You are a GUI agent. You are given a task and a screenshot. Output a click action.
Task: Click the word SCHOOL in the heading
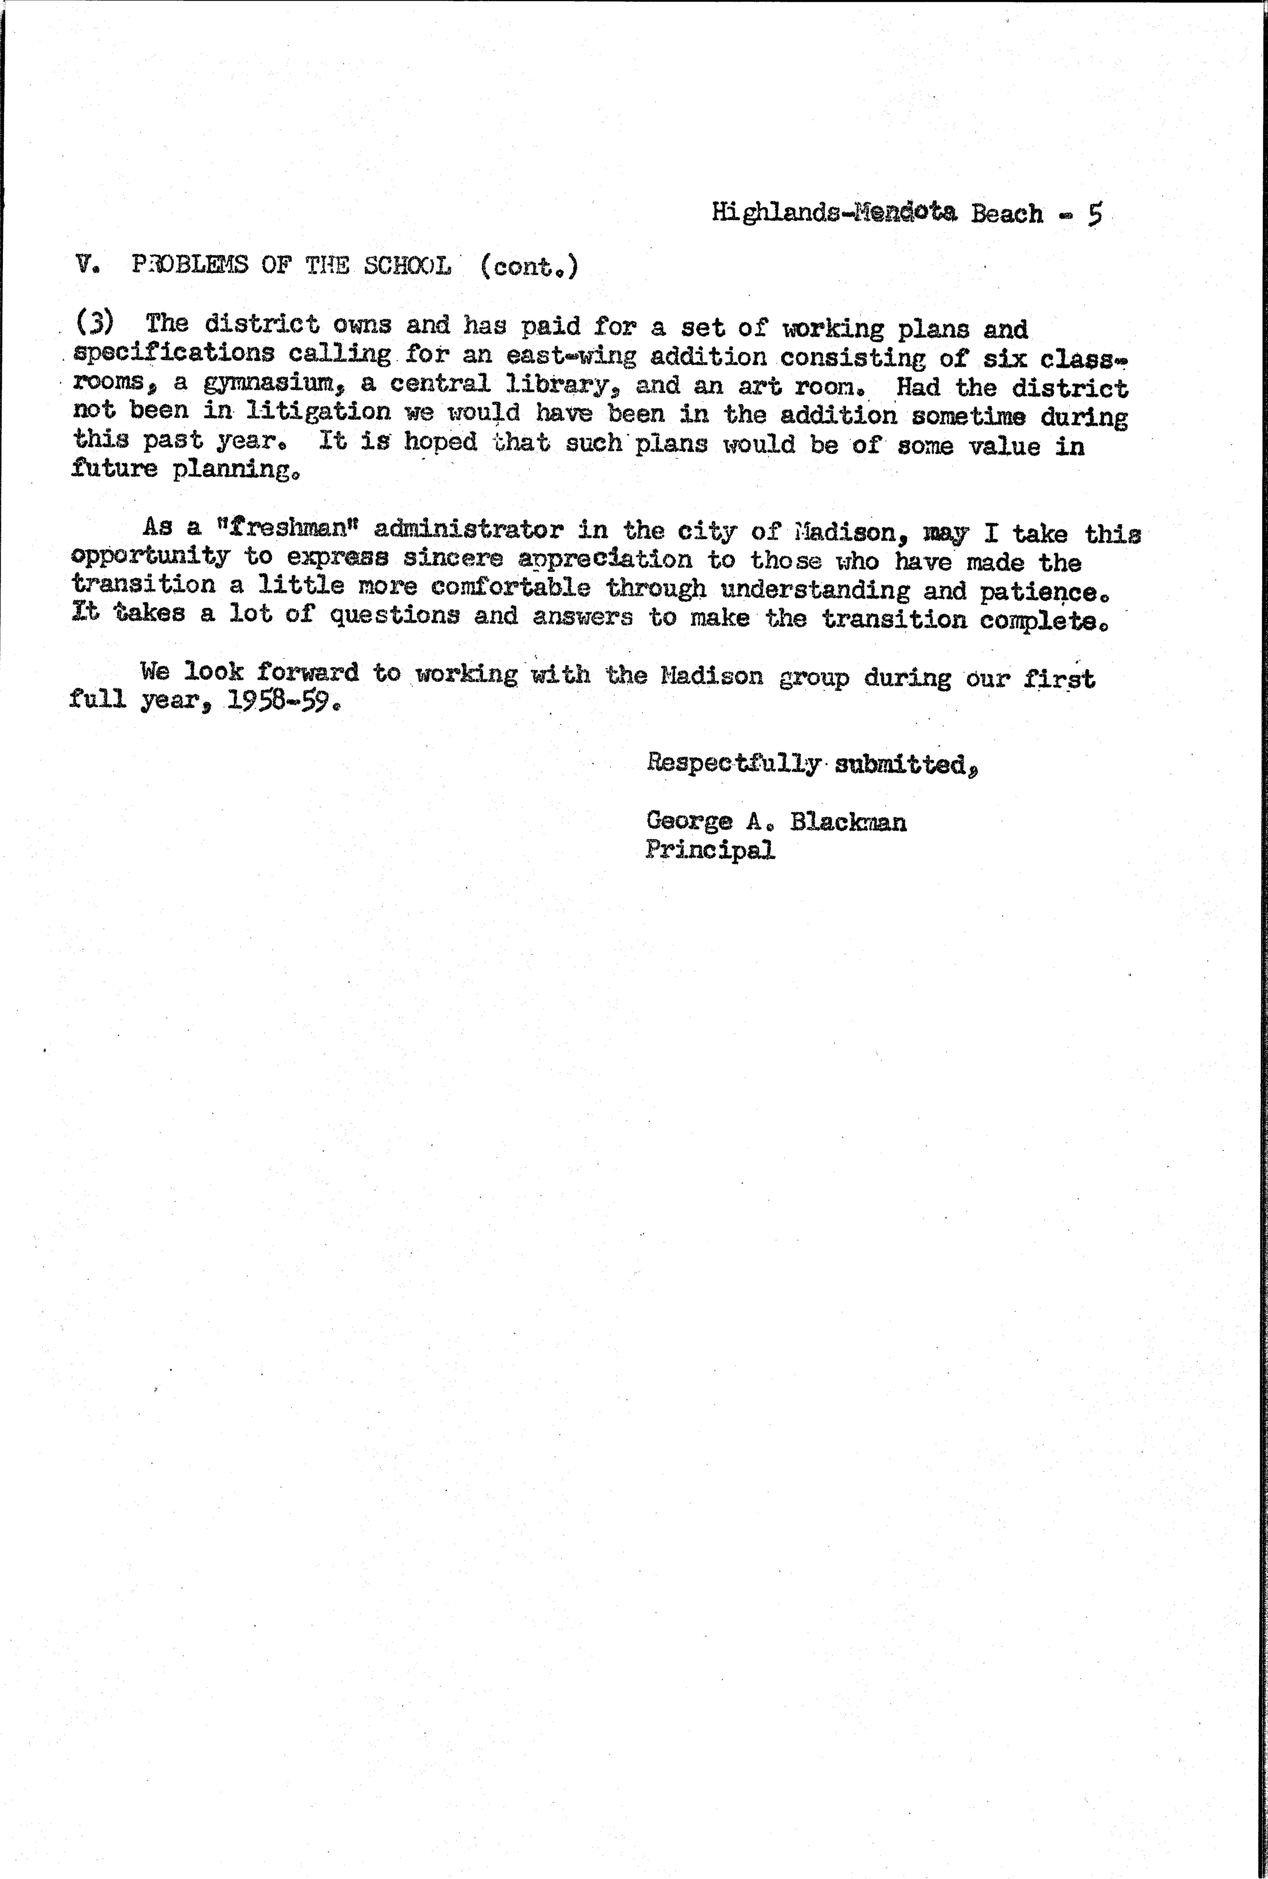(x=407, y=266)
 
